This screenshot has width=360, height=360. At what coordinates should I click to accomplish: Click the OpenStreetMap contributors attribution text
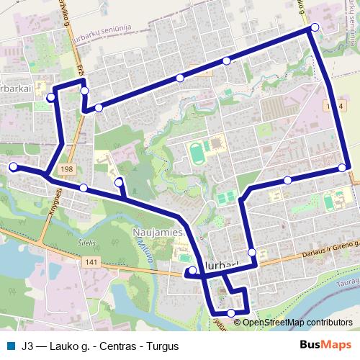click(x=297, y=322)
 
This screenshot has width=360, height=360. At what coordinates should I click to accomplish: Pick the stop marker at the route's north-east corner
click(x=315, y=27)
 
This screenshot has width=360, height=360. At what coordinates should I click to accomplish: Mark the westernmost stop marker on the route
click(x=13, y=167)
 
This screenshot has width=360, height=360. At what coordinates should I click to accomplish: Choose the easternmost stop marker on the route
click(x=342, y=168)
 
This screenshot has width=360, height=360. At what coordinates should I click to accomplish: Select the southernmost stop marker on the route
click(x=231, y=312)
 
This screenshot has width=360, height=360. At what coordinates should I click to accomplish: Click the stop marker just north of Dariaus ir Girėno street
click(x=252, y=252)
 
